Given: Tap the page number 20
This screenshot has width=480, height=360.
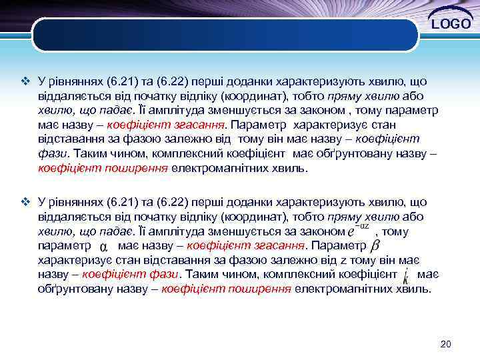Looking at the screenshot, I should click(446, 344).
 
